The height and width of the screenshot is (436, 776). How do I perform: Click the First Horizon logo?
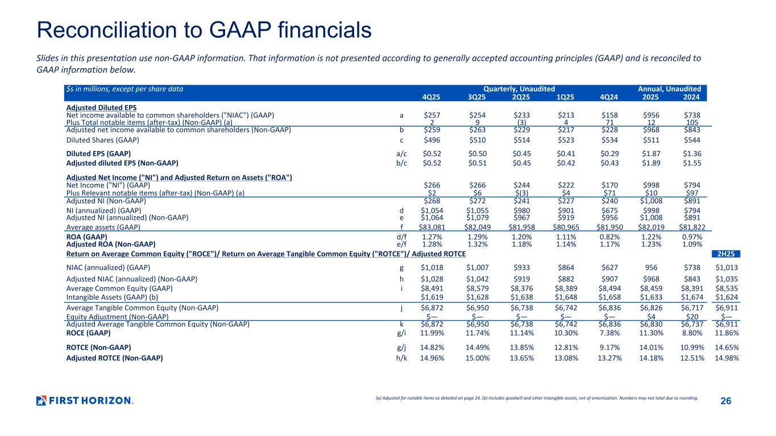(x=84, y=401)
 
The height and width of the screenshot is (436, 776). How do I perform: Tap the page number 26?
(x=725, y=401)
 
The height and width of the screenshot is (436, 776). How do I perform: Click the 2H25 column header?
(x=727, y=254)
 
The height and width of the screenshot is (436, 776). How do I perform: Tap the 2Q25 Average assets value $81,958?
(x=520, y=227)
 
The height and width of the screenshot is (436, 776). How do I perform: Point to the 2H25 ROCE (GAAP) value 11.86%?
(x=727, y=333)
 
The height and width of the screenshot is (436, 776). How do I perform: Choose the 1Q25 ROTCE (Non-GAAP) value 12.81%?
(x=567, y=347)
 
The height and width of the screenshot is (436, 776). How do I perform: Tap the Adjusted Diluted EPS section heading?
(x=101, y=107)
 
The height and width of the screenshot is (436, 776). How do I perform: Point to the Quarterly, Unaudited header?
(x=519, y=89)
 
